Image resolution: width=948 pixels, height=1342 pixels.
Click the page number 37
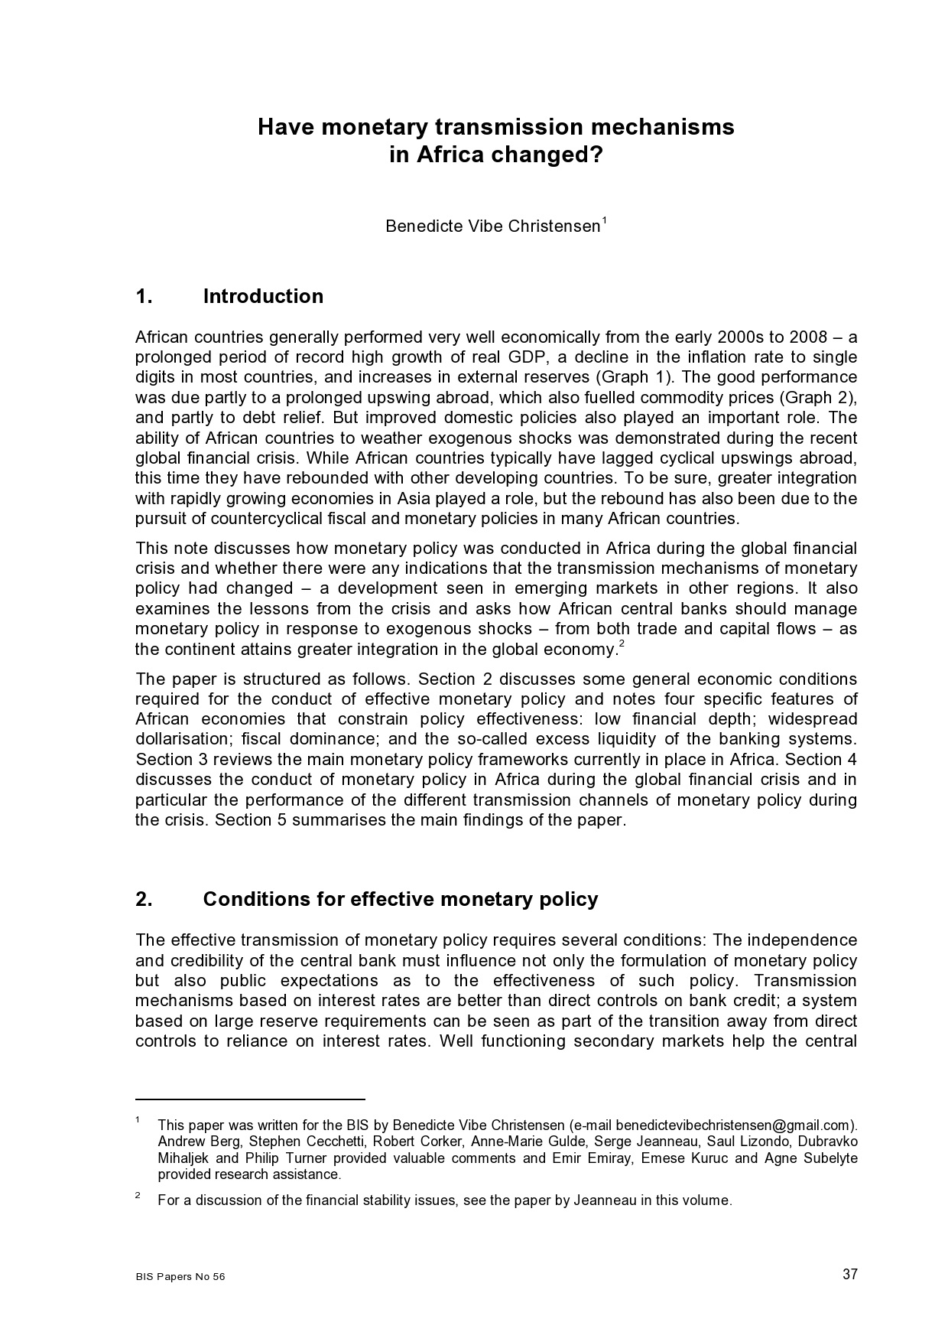coord(849,1274)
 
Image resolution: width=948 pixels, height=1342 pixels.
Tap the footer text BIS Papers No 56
coord(180,1277)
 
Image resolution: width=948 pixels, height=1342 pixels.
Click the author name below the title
coord(492,226)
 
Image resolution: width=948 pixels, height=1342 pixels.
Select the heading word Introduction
coord(263,297)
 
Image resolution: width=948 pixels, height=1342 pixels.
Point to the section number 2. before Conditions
coord(144,899)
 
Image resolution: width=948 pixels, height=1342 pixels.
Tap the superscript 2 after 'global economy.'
coord(622,644)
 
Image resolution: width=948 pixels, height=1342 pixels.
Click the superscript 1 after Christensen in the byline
coord(604,221)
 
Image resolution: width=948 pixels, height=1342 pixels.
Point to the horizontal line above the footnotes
coord(250,1099)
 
